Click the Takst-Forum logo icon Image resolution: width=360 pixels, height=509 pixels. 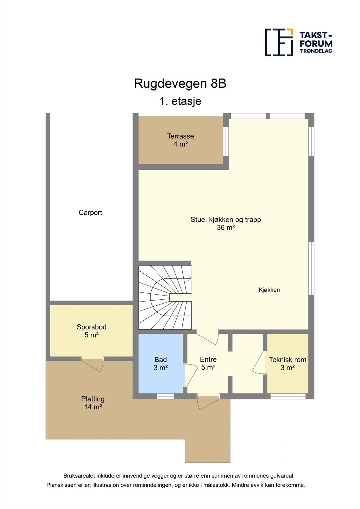pos(279,42)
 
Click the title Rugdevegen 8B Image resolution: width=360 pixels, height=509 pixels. pos(180,84)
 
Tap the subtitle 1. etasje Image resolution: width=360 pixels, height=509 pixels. pos(180,101)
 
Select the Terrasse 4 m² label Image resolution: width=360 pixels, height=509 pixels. pos(180,140)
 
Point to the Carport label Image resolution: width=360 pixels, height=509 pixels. pos(90,213)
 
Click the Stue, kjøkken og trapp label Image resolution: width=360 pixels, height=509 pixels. pos(226,220)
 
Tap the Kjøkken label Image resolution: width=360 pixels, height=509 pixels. pos(269,290)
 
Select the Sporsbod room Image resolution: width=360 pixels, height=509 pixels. pos(91,331)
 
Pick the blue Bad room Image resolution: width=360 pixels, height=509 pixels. pos(161,364)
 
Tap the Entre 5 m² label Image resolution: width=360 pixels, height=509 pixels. pos(208,363)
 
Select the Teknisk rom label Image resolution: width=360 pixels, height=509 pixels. pos(287,360)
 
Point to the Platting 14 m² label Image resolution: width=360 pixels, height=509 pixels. pos(93,403)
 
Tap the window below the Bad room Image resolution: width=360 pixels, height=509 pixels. pos(166,396)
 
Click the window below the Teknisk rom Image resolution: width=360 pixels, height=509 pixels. pos(288,396)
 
